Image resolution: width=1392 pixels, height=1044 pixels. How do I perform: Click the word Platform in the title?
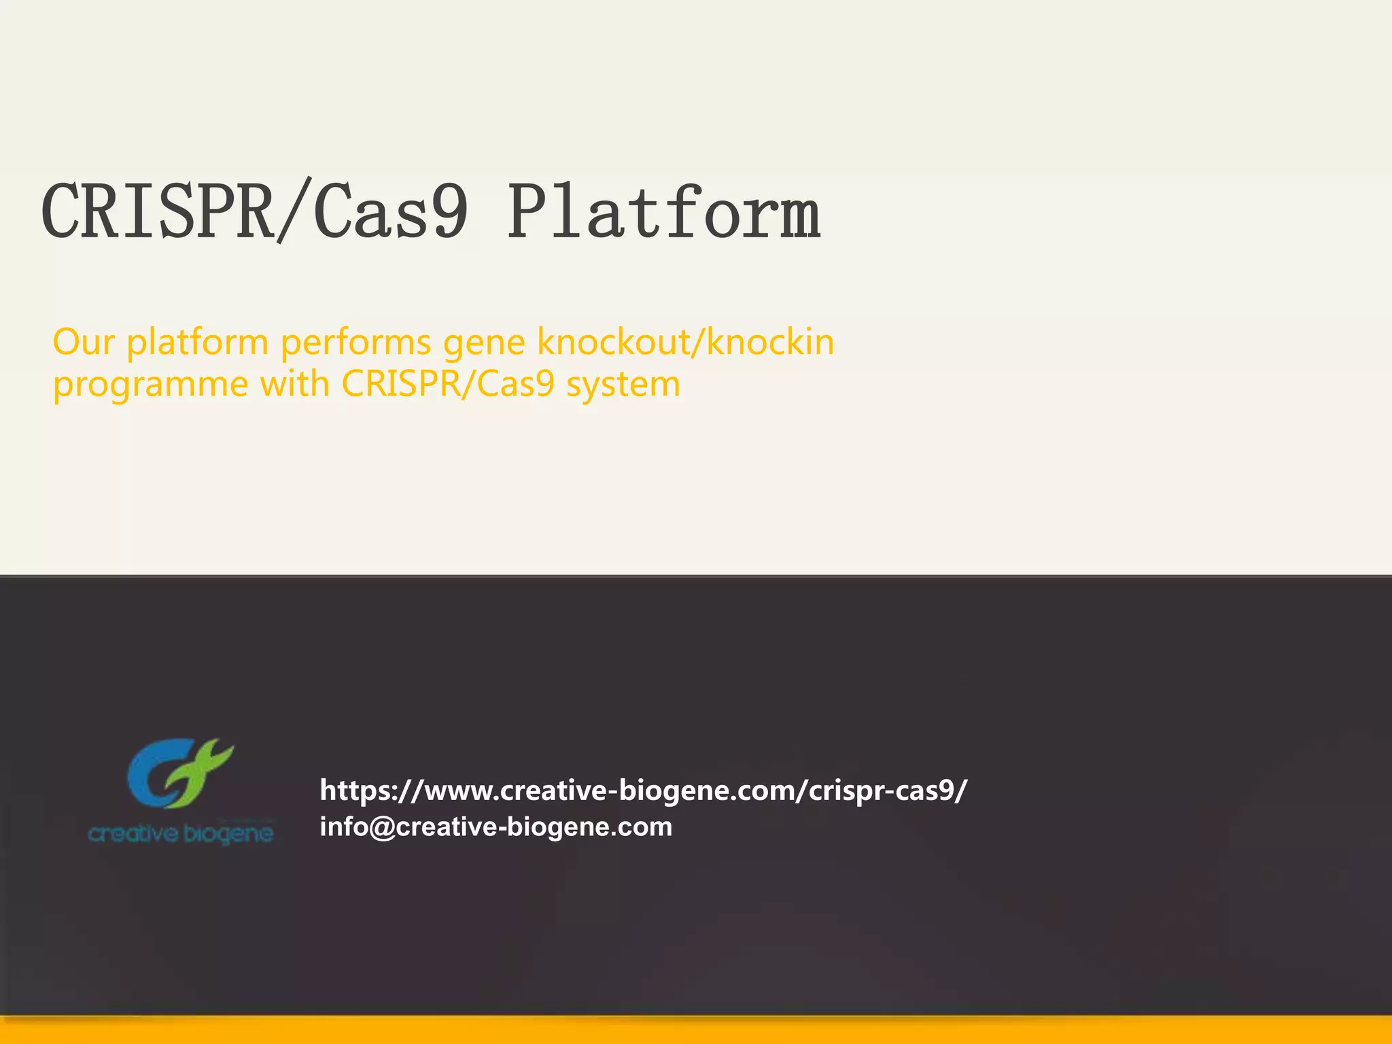tap(664, 213)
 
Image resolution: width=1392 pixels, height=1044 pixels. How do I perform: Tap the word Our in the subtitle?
tap(83, 341)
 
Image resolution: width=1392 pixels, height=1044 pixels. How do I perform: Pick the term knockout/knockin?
tap(685, 341)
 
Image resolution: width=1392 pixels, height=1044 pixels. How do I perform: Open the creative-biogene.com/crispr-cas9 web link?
tap(643, 790)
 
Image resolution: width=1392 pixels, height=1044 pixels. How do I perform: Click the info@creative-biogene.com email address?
tap(495, 826)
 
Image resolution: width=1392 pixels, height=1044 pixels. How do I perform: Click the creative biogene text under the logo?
tap(181, 833)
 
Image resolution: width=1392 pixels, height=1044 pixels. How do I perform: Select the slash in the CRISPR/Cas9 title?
tap(294, 211)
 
